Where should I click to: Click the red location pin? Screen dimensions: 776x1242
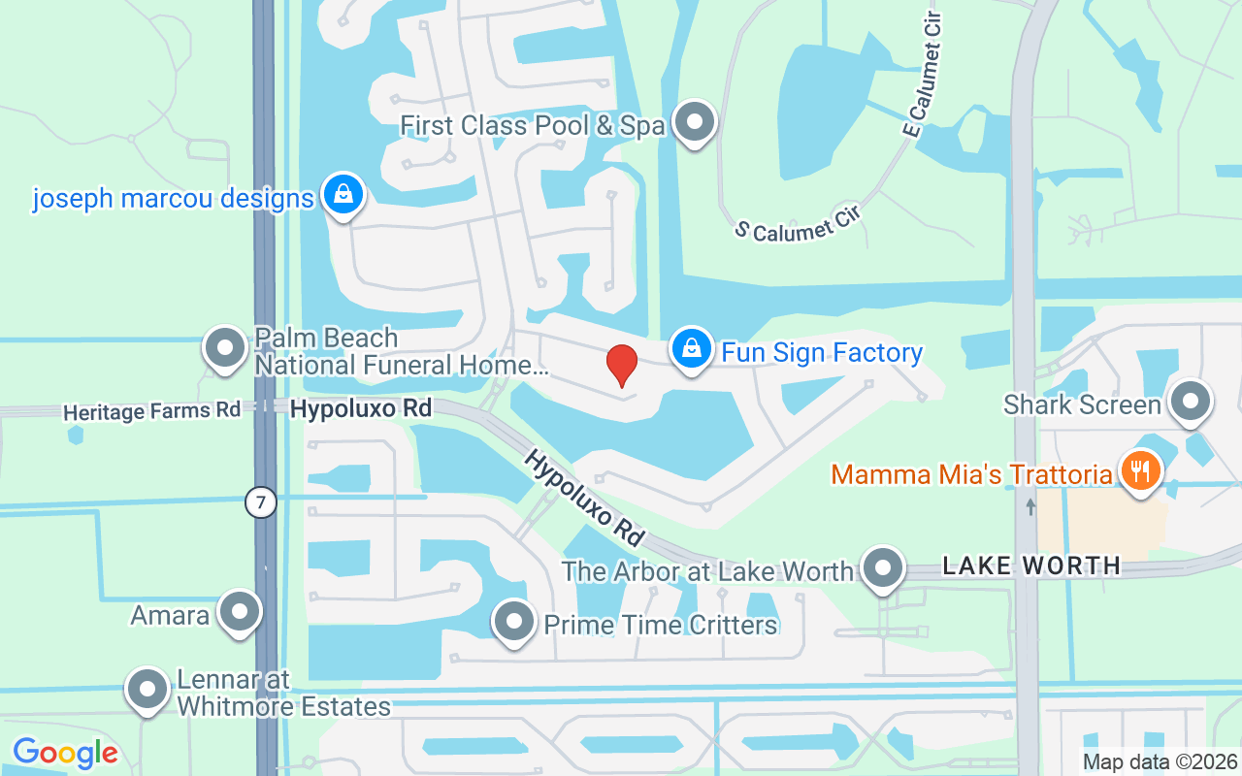pyautogui.click(x=622, y=366)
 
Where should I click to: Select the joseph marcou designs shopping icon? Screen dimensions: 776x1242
pyautogui.click(x=343, y=193)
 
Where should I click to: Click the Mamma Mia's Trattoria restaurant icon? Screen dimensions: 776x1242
pyautogui.click(x=1142, y=471)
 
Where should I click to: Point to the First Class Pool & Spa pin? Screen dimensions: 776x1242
pyautogui.click(x=695, y=123)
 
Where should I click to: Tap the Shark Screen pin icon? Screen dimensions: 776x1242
pyautogui.click(x=1191, y=402)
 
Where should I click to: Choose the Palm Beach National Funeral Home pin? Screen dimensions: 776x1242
pyautogui.click(x=226, y=347)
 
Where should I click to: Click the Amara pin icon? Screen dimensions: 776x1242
pyautogui.click(x=240, y=612)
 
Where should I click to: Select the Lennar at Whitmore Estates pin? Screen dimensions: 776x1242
pyautogui.click(x=147, y=689)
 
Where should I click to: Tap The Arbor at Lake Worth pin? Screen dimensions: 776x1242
pyautogui.click(x=883, y=568)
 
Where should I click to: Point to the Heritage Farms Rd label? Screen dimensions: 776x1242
pyautogui.click(x=151, y=411)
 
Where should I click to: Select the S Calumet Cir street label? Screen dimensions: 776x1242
pyautogui.click(x=797, y=223)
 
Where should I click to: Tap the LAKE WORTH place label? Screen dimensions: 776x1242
pyautogui.click(x=1031, y=566)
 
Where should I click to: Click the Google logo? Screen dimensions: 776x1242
pyautogui.click(x=65, y=753)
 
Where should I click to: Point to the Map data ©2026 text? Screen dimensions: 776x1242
pyautogui.click(x=1160, y=761)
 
